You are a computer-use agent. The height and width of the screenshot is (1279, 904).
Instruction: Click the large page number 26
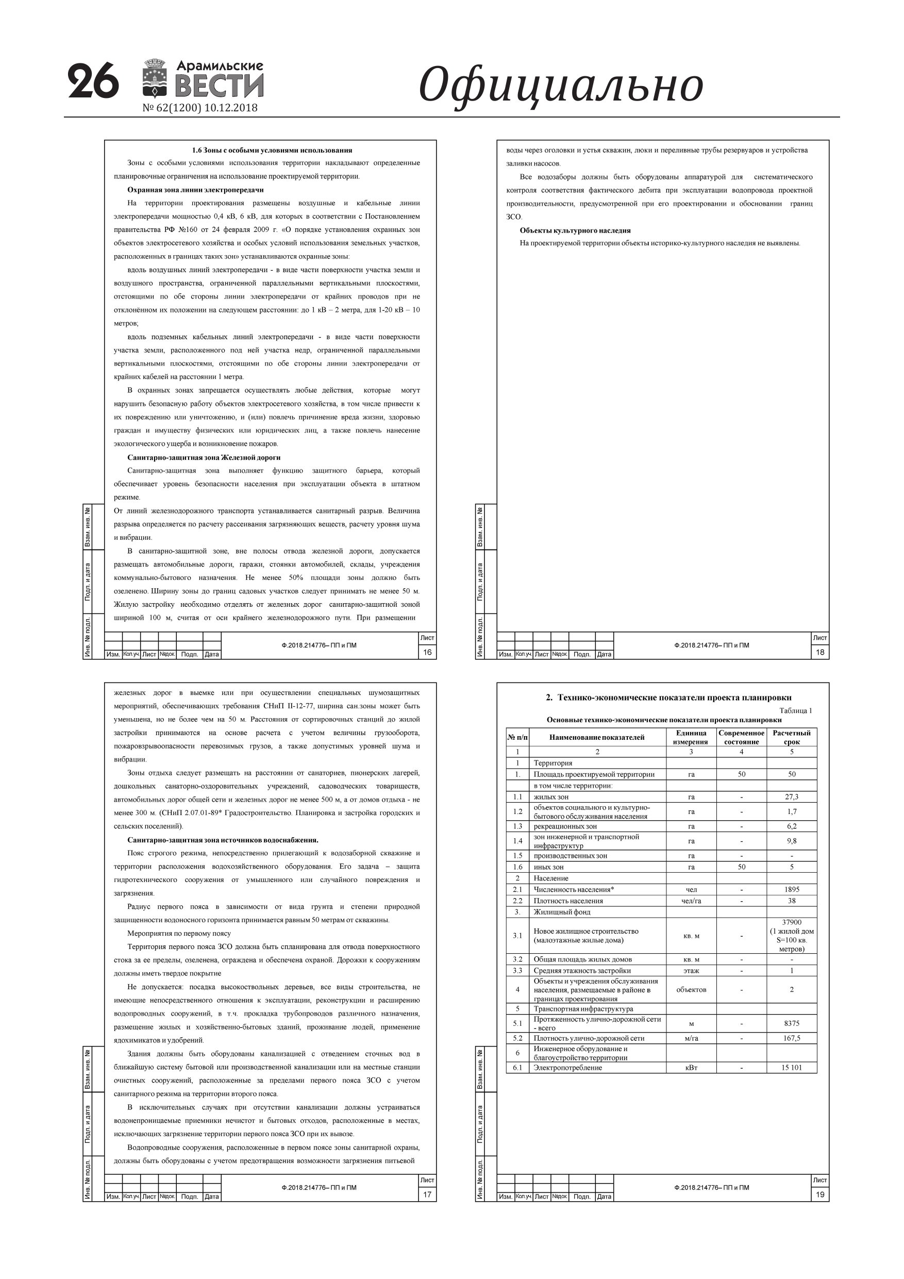[93, 81]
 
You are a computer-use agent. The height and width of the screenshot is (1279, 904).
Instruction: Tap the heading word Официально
[560, 85]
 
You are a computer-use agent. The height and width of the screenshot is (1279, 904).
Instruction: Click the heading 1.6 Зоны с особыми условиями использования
[272, 150]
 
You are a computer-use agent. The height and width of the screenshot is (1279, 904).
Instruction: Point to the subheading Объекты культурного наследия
[575, 230]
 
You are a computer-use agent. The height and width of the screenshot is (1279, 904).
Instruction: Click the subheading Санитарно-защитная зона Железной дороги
[204, 457]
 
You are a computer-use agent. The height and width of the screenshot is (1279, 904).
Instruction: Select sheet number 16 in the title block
[427, 652]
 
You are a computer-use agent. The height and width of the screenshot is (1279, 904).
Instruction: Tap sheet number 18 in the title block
[819, 652]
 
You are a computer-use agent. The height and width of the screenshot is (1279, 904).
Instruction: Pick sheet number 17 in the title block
[427, 1194]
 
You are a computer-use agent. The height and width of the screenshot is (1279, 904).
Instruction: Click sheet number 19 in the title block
[819, 1194]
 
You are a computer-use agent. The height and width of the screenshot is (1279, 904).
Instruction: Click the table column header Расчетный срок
[792, 737]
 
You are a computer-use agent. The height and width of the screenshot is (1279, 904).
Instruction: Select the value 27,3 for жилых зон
[792, 796]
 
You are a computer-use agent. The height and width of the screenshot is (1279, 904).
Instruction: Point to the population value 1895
[792, 890]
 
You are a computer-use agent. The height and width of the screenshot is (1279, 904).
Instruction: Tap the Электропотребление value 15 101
[792, 1067]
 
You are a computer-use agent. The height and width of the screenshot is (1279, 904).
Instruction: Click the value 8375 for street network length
[792, 1023]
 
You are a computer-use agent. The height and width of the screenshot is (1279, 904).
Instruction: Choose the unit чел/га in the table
[691, 901]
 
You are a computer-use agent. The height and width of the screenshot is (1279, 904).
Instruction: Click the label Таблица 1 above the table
[795, 710]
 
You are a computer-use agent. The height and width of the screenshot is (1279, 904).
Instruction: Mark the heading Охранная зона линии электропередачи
[195, 190]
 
